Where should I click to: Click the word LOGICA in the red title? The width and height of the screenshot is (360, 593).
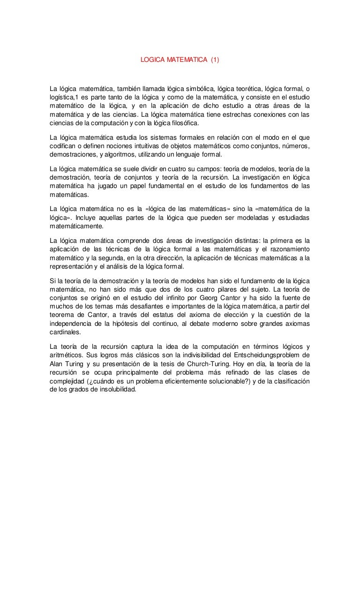[x=151, y=60]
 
